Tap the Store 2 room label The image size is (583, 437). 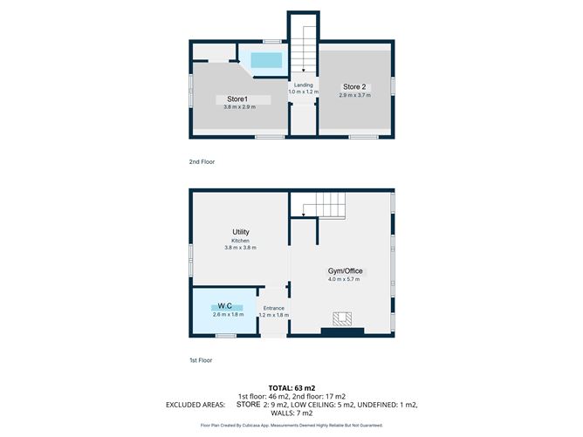(x=355, y=86)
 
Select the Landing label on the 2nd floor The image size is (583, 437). (x=303, y=85)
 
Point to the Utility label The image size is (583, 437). (x=241, y=232)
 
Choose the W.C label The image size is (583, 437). (x=224, y=305)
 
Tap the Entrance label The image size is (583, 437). (x=273, y=308)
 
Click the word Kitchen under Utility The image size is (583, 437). (x=241, y=240)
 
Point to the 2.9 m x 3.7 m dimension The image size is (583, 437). (x=355, y=94)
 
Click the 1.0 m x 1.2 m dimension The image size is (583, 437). (x=303, y=92)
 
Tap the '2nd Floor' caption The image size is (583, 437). (x=202, y=162)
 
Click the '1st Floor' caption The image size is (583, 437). (x=202, y=360)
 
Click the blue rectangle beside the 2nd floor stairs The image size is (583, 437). (x=267, y=59)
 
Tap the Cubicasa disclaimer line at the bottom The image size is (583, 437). (x=291, y=426)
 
